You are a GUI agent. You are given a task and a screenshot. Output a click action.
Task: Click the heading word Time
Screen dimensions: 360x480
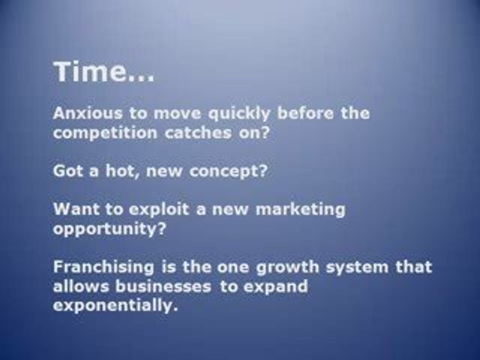click(90, 73)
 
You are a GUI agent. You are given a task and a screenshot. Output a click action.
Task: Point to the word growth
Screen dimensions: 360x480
click(287, 267)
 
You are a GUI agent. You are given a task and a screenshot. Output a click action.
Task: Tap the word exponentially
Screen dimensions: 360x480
click(115, 306)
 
